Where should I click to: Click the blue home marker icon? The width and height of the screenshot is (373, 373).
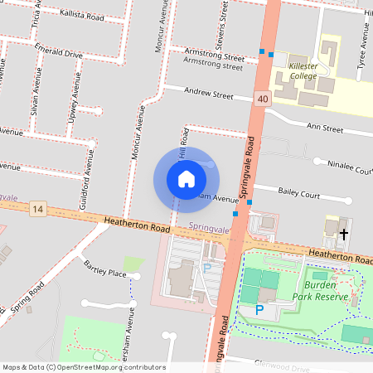coord(186,178)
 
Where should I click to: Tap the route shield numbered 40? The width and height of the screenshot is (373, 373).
coord(263,99)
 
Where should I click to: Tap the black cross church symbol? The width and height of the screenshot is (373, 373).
coord(344,234)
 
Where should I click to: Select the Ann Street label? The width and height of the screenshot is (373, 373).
coord(324,128)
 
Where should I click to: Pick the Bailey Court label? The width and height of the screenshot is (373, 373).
coord(299,194)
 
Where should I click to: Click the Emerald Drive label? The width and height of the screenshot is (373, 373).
coord(59,53)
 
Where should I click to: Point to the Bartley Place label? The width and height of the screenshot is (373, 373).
coord(105,273)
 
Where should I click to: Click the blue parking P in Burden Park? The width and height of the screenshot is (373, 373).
coord(259,310)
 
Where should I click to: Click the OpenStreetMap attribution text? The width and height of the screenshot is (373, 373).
coord(84,367)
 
